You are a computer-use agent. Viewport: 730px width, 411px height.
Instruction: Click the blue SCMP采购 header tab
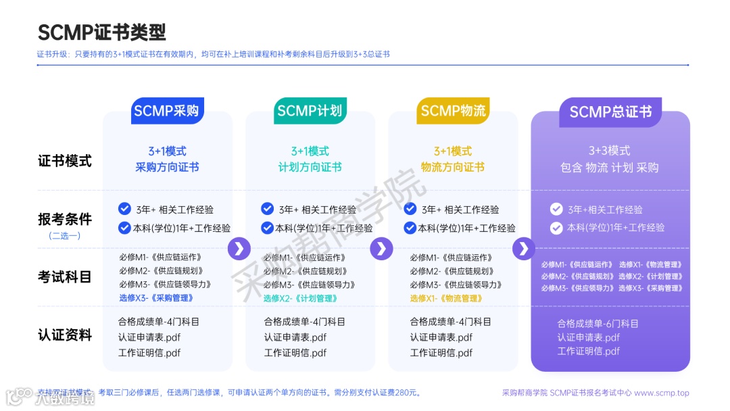(x=166, y=111)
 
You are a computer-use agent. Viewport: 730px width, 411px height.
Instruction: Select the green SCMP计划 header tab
(x=310, y=111)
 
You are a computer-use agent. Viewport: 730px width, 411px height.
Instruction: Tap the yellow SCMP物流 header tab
(x=453, y=111)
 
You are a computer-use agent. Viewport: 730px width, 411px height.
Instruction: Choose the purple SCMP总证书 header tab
(x=610, y=112)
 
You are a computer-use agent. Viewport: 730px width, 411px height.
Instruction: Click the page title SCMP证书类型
(x=101, y=32)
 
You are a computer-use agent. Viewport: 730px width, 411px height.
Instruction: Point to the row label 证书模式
(x=64, y=161)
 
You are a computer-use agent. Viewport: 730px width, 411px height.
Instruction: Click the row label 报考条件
(x=64, y=219)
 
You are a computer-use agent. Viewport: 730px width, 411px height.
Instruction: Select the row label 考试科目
(x=64, y=276)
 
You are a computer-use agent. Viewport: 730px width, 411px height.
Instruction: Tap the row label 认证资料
(x=64, y=335)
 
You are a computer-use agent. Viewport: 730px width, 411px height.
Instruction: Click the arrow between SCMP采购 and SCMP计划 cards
(x=239, y=249)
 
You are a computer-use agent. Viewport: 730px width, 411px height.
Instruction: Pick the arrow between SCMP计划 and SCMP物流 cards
(x=382, y=249)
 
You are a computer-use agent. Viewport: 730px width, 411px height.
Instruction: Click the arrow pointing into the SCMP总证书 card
(x=524, y=249)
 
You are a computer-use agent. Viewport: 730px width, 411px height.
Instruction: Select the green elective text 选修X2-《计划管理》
(x=301, y=298)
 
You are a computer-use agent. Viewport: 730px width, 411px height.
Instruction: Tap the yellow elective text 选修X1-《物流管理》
(x=447, y=298)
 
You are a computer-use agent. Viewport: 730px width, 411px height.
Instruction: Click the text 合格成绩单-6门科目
(x=598, y=324)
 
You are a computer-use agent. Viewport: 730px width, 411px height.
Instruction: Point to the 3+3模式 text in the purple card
(x=610, y=150)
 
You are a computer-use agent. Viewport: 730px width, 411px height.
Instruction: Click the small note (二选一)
(x=64, y=236)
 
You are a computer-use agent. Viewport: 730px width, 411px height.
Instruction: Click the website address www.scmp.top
(x=662, y=393)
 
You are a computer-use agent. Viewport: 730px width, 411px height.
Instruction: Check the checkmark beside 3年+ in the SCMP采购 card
(x=124, y=208)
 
